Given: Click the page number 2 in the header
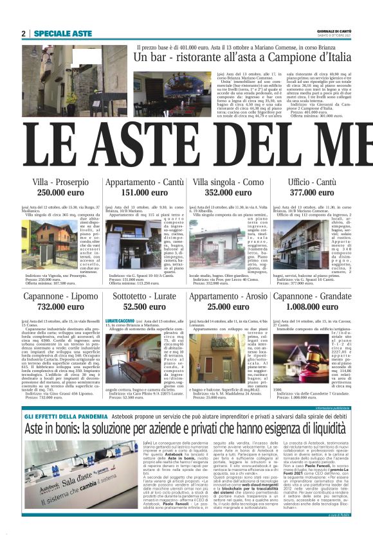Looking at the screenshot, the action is click(x=24, y=33).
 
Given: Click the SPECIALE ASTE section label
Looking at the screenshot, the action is click(x=63, y=33).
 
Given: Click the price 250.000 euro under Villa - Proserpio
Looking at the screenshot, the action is click(x=61, y=192).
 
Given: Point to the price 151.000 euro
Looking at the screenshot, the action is click(x=145, y=192).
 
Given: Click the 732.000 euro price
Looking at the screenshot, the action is click(x=61, y=307).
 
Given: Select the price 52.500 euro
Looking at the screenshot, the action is click(x=145, y=307).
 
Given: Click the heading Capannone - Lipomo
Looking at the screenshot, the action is click(x=61, y=296).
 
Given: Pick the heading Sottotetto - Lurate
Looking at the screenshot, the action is click(x=145, y=296).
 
